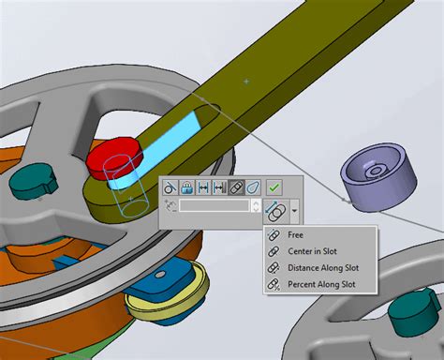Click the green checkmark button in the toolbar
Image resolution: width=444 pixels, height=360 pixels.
[x=274, y=187]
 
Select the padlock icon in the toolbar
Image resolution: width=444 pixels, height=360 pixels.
[x=187, y=187]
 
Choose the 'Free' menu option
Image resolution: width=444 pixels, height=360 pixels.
[x=295, y=235]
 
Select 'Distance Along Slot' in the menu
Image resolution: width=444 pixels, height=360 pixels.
[x=323, y=268]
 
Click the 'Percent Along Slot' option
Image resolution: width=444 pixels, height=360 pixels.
[x=321, y=284]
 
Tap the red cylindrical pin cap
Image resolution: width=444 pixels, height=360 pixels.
[x=112, y=155]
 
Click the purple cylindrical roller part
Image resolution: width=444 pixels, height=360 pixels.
[x=378, y=174]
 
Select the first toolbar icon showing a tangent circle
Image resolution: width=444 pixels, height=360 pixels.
[x=170, y=187]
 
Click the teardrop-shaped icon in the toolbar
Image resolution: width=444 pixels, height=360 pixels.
[x=254, y=187]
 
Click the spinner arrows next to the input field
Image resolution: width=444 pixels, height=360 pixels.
[x=257, y=205]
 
